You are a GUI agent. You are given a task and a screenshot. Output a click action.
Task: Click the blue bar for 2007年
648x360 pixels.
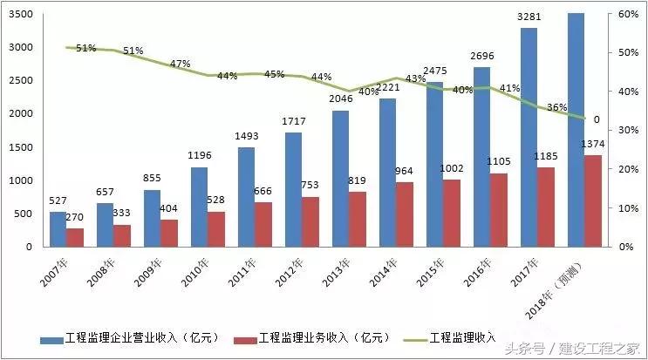pos(58,229)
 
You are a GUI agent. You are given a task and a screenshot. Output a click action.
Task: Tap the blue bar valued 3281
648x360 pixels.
pos(529,138)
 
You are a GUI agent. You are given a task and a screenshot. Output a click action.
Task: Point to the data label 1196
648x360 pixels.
pos(199,155)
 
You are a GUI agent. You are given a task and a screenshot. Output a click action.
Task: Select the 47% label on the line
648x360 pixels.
pos(181,65)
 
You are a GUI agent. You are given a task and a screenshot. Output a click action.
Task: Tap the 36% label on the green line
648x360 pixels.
pos(556,108)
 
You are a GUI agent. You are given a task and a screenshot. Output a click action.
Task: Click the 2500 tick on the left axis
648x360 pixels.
pos(23,80)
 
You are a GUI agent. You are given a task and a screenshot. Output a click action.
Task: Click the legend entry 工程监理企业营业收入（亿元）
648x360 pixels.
pos(140,338)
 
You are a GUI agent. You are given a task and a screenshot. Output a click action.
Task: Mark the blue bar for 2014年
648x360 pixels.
pos(387,173)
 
